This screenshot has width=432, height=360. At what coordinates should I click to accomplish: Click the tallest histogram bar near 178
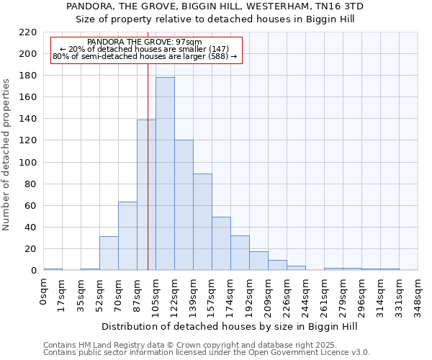tap(165, 174)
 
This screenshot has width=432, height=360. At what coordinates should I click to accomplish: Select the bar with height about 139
tap(146, 194)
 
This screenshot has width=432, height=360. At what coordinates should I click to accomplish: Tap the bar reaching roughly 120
tap(184, 205)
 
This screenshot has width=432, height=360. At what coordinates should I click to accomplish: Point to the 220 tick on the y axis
tap(28, 32)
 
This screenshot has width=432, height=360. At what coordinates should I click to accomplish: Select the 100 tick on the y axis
tap(28, 163)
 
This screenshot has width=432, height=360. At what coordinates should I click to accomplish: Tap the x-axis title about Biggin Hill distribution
tap(230, 326)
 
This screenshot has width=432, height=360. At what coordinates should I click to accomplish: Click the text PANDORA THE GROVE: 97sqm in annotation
tap(144, 42)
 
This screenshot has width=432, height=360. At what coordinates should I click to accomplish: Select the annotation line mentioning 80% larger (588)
tap(145, 56)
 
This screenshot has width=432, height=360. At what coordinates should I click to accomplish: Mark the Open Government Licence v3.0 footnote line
tap(207, 352)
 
